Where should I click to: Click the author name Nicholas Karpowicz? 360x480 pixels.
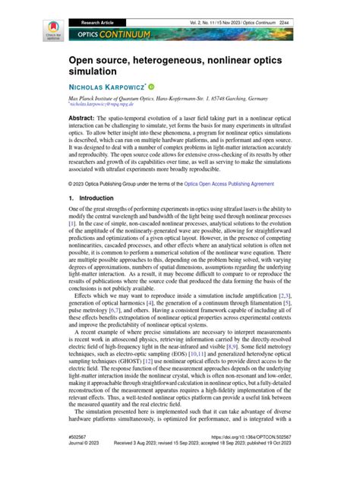click(108, 87)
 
